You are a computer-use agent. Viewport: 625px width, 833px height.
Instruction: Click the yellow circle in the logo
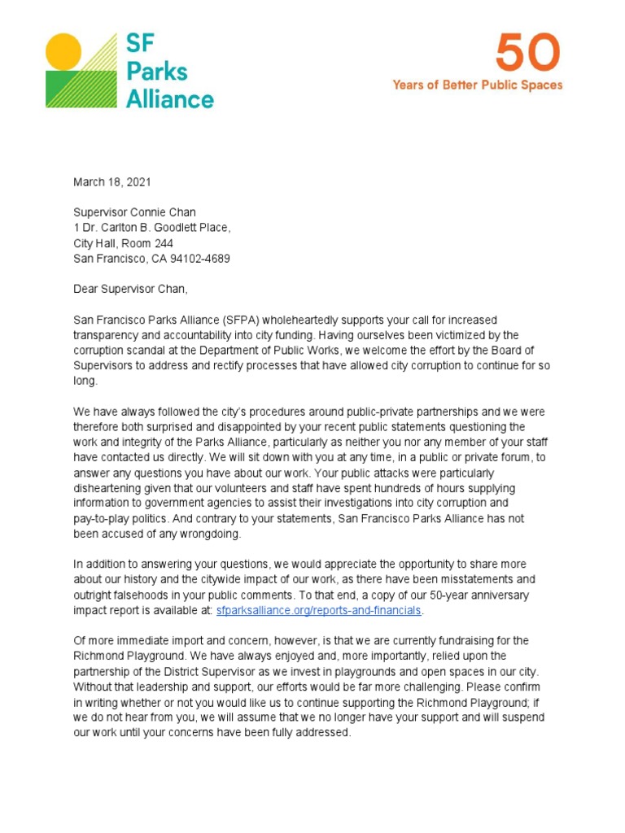63,51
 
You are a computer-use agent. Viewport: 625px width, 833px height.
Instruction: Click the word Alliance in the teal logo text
169,99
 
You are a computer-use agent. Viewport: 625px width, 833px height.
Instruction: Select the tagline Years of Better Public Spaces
478,85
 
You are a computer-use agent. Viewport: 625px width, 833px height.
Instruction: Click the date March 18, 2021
111,182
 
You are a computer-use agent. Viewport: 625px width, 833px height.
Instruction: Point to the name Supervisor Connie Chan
134,213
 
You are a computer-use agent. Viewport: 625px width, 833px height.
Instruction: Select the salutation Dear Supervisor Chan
130,289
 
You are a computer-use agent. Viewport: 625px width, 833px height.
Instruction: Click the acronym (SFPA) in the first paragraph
214,320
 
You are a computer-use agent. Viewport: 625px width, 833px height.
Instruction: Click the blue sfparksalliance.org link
319,610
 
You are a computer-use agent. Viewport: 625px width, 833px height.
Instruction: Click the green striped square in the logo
71,89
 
